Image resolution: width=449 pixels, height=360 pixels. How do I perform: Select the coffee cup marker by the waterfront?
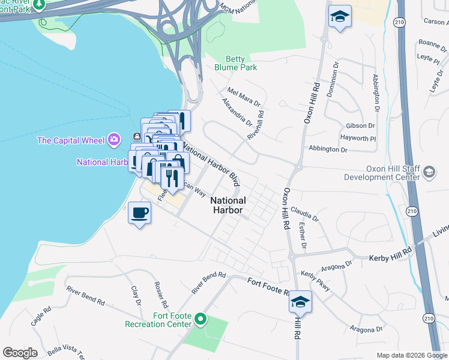140,214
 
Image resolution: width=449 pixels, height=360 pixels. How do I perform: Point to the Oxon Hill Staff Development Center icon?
429,173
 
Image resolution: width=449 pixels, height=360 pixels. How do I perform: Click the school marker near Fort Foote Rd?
300,302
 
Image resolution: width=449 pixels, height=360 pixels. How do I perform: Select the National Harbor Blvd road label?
211,162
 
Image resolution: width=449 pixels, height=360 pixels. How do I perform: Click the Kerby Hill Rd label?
390,254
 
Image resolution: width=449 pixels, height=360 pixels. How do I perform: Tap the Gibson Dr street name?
360,126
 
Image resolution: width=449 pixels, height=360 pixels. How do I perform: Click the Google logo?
20,352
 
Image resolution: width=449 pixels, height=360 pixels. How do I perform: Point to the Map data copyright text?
411,355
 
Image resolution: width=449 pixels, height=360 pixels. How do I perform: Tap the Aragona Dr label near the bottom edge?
367,329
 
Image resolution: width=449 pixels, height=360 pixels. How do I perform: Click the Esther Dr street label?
302,235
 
